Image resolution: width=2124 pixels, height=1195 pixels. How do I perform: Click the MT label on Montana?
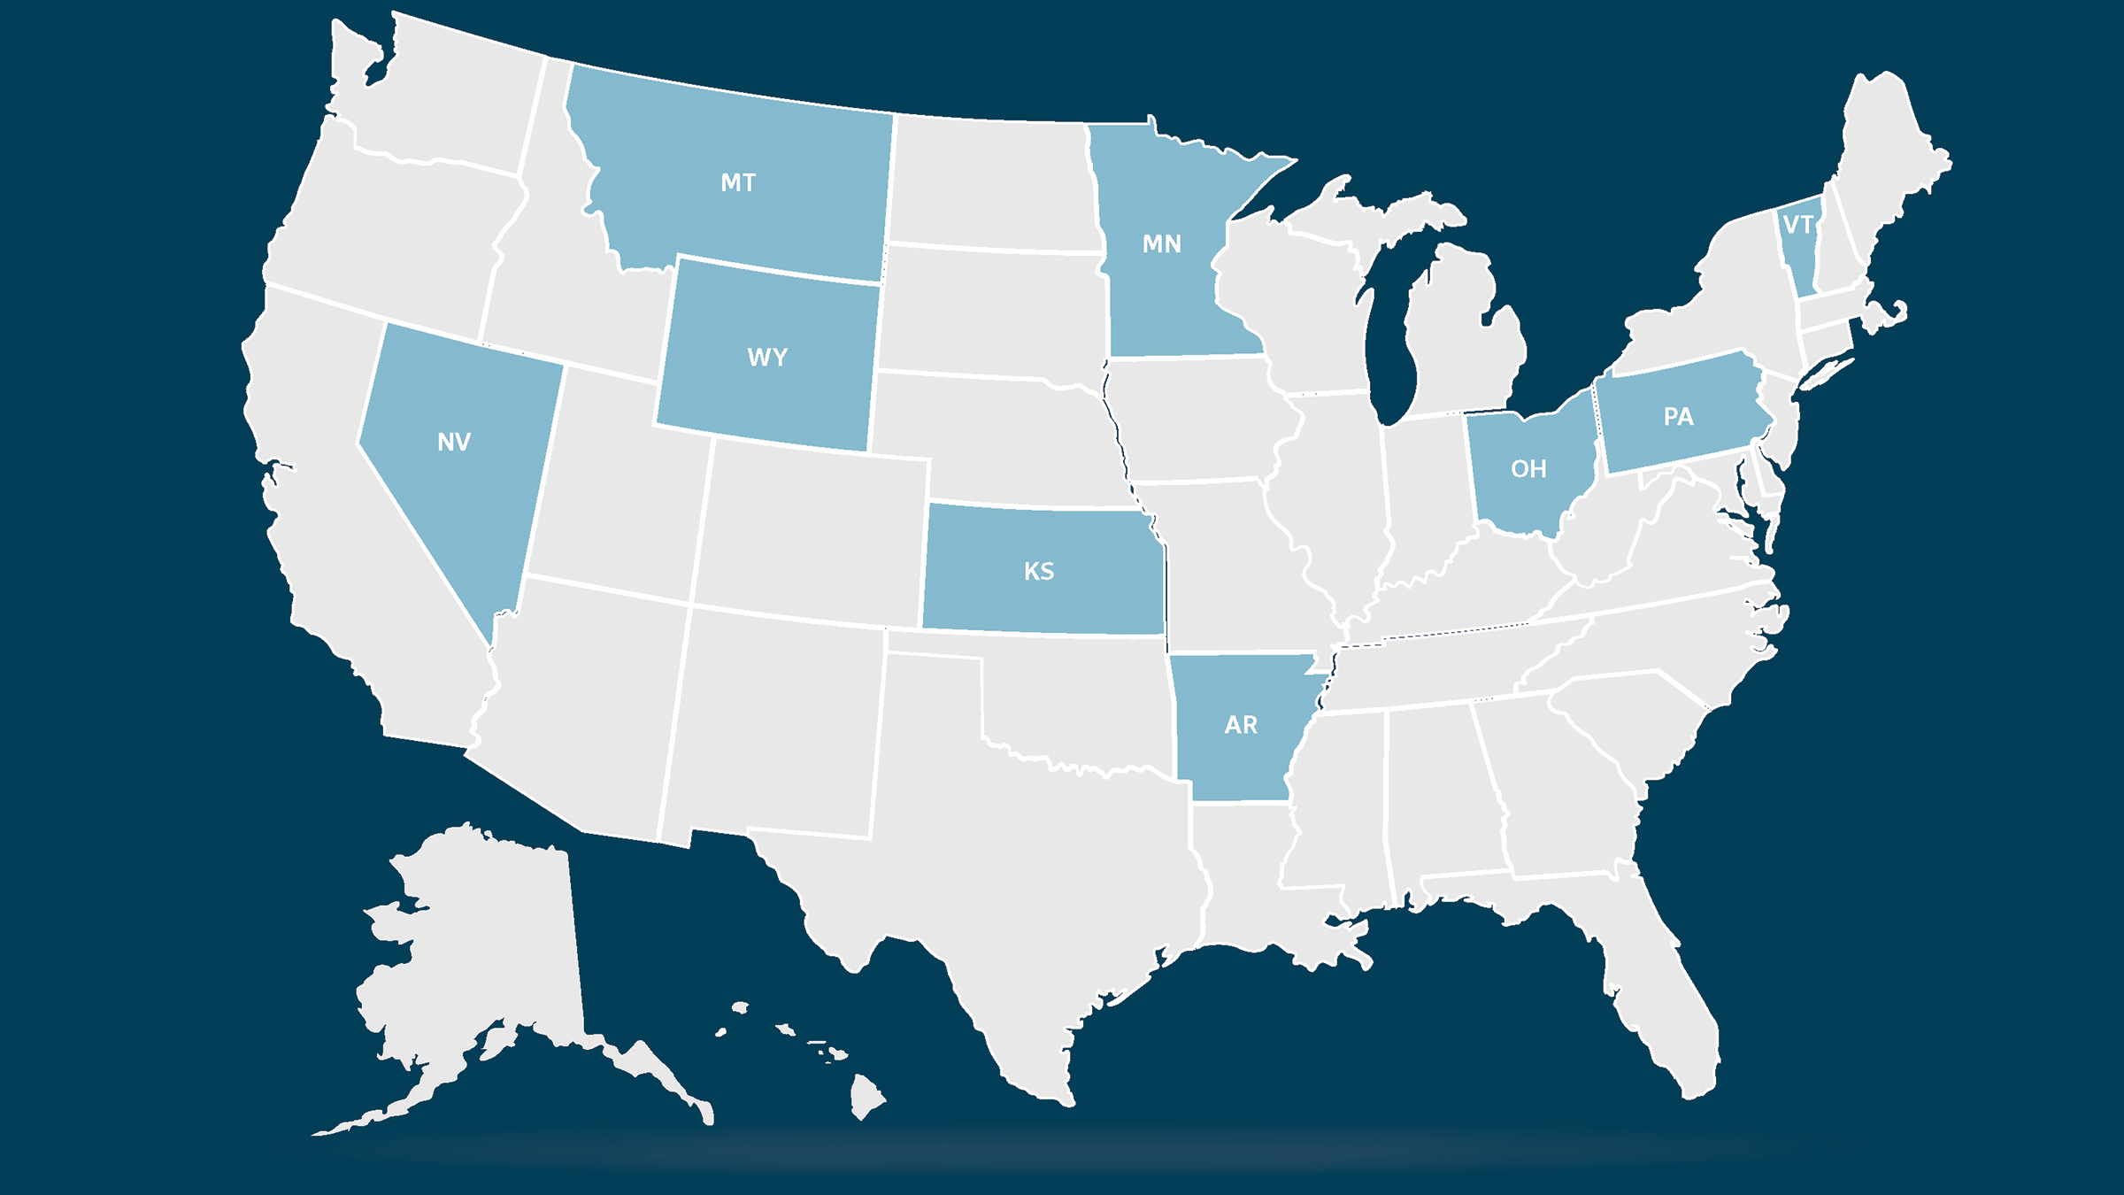click(738, 183)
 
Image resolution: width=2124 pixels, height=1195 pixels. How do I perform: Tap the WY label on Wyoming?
click(767, 358)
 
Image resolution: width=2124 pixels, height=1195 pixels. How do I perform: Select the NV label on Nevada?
click(454, 443)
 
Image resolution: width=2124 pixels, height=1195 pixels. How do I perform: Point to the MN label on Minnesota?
click(1161, 244)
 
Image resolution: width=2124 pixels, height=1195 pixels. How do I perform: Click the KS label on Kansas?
click(1039, 572)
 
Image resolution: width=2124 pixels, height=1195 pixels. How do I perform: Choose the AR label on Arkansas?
click(1241, 726)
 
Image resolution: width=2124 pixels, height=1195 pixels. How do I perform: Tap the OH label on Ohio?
click(1528, 469)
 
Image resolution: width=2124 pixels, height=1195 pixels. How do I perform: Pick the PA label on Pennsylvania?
click(1678, 417)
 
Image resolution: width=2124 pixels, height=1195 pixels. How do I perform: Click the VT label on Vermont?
click(1797, 226)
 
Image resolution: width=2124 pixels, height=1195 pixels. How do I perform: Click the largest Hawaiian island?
click(866, 1096)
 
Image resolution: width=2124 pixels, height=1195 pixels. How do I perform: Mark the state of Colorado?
click(810, 531)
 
